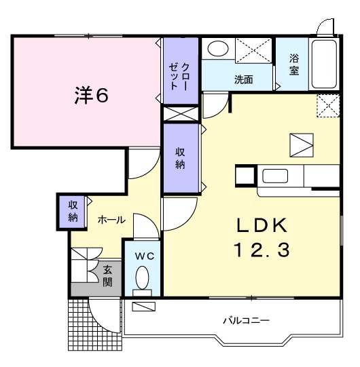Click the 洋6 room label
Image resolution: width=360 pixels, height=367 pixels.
[x=90, y=96]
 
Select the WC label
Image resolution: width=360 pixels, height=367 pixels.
[x=142, y=256]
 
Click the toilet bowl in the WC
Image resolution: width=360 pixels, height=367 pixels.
[x=142, y=277]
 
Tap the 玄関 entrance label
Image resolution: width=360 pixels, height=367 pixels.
[x=108, y=275]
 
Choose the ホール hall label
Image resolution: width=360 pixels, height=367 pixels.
[x=111, y=220]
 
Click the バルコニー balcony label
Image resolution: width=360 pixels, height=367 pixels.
[x=247, y=320]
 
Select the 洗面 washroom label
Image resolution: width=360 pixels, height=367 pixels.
[x=244, y=79]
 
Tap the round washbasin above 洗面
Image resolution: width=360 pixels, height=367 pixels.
[x=218, y=50]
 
